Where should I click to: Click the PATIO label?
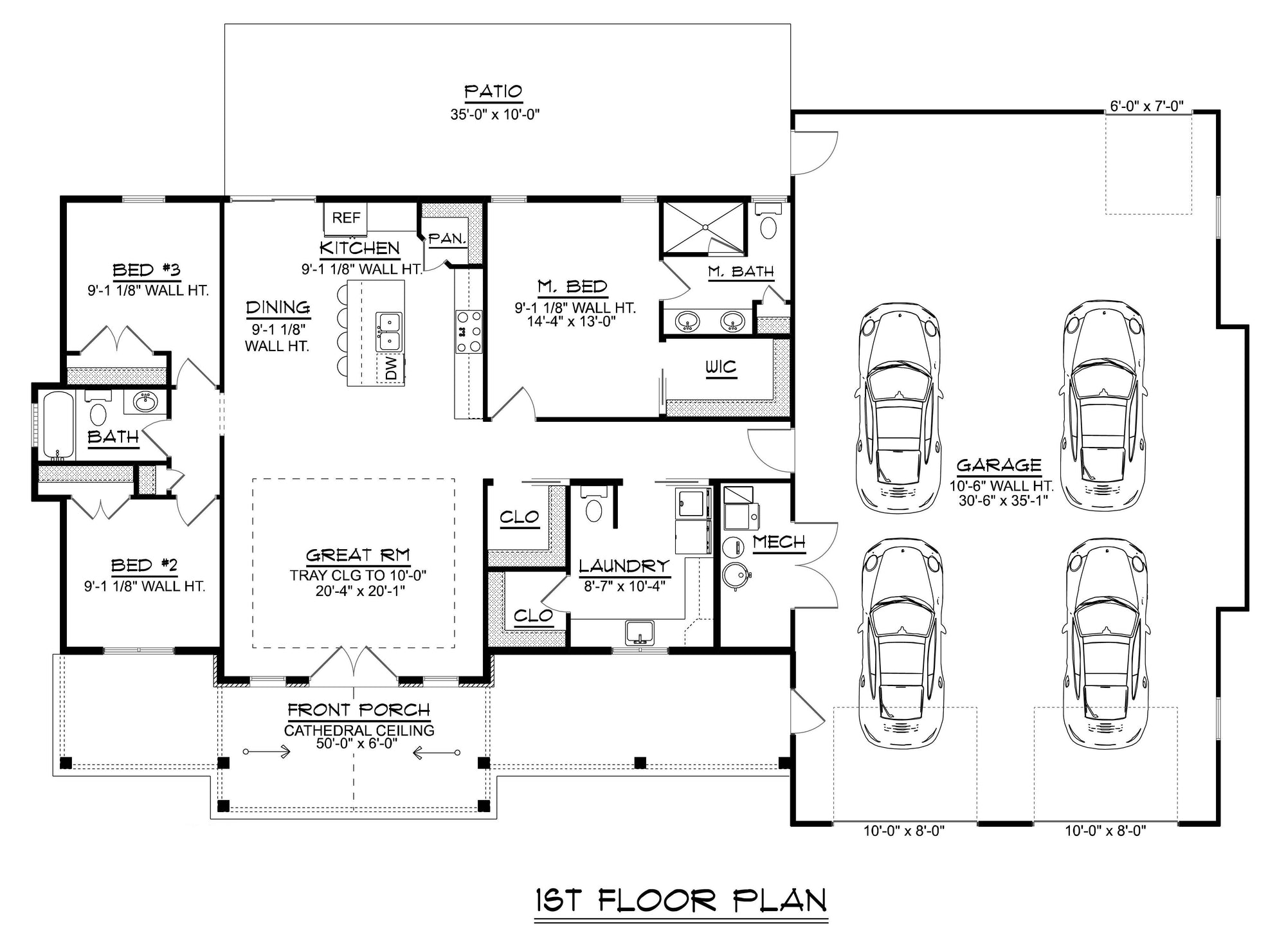[493, 91]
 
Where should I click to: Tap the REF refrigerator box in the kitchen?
[346, 218]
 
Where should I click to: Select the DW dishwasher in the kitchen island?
[391, 368]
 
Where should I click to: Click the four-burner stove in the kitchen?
[469, 332]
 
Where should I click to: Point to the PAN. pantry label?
[447, 239]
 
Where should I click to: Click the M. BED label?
[572, 287]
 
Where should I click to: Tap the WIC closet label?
[721, 367]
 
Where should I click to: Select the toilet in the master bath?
[768, 221]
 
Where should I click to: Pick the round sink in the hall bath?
[145, 403]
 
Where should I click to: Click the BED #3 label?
[146, 270]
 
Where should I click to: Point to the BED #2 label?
[144, 566]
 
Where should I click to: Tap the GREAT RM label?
[358, 556]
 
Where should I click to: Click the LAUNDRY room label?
[624, 566]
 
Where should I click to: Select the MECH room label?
[779, 543]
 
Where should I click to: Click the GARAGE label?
[999, 466]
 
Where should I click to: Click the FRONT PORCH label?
[358, 711]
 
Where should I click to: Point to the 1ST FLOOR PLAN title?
[681, 901]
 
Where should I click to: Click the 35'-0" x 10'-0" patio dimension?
[494, 115]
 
